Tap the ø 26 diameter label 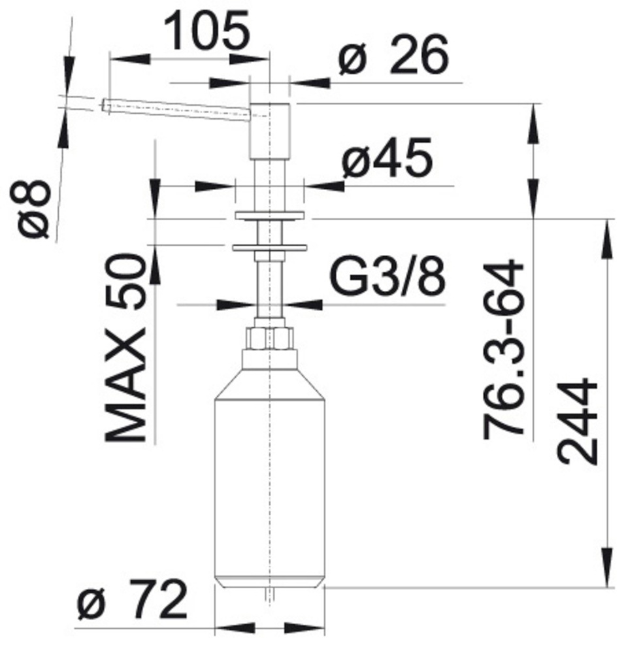(393, 54)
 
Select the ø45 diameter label (387, 158)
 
